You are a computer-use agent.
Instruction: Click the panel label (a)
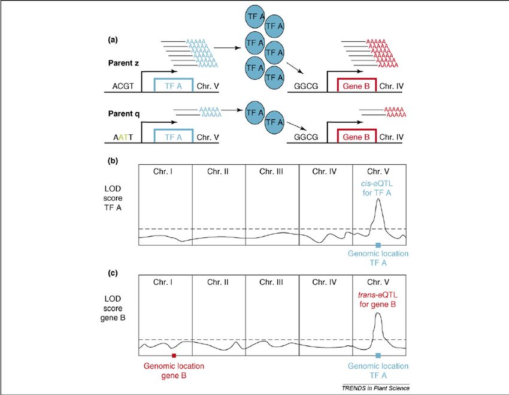pyautogui.click(x=113, y=40)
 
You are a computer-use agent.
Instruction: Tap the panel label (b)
pyautogui.click(x=113, y=161)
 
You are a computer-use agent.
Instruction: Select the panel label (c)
pyautogui.click(x=113, y=273)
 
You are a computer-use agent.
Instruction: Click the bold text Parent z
pyautogui.click(x=123, y=63)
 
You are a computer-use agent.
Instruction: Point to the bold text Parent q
pyautogui.click(x=124, y=114)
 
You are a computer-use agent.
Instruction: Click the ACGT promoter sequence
pyautogui.click(x=123, y=86)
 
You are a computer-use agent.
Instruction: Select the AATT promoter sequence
pyautogui.click(x=123, y=137)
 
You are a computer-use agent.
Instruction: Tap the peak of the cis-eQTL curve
pyautogui.click(x=378, y=199)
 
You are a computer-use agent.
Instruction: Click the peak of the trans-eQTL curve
pyautogui.click(x=377, y=313)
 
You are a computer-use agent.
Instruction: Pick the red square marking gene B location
pyautogui.click(x=174, y=355)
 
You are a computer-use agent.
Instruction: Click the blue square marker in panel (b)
pyautogui.click(x=378, y=245)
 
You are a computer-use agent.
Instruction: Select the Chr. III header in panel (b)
pyautogui.click(x=271, y=171)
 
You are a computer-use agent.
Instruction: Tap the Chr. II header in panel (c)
pyautogui.click(x=218, y=282)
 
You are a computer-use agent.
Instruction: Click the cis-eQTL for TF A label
pyautogui.click(x=377, y=188)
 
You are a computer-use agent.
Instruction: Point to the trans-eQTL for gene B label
pyautogui.click(x=377, y=300)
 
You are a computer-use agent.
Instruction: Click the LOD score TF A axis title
pyautogui.click(x=113, y=198)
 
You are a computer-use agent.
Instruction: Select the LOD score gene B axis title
pyautogui.click(x=113, y=308)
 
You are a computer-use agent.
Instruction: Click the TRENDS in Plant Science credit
pyautogui.click(x=375, y=388)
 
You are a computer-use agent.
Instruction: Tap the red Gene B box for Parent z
pyautogui.click(x=357, y=85)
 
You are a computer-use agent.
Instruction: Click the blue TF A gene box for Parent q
pyautogui.click(x=174, y=136)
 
